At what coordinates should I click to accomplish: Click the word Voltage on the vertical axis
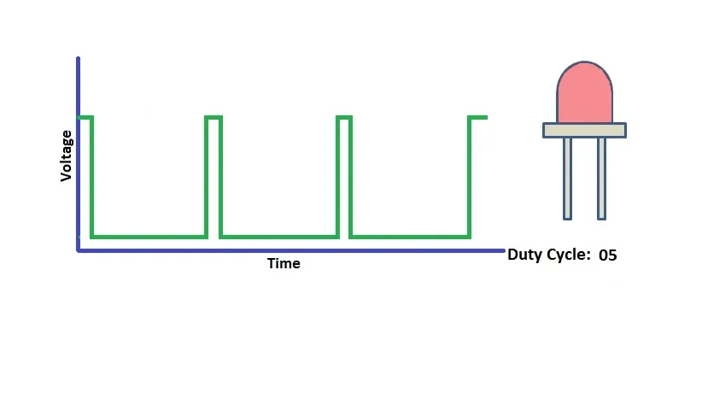pos(67,156)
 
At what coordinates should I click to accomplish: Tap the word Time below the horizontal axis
pos(284,263)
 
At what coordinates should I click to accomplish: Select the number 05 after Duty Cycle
pos(607,255)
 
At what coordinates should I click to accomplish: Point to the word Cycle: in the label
pos(569,255)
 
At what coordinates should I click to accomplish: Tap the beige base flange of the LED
pos(584,131)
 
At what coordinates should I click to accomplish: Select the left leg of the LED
pos(567,179)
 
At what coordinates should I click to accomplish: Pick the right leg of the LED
pos(602,179)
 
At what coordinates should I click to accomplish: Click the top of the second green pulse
pos(214,118)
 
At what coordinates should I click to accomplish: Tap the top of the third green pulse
pos(344,118)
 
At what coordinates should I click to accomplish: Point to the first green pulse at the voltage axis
pos(85,118)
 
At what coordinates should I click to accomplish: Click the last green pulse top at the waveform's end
pos(477,118)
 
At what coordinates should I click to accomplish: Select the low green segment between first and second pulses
pos(149,237)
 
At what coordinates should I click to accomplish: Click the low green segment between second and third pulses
pos(279,237)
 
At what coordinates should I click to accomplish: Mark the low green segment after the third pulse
pos(410,237)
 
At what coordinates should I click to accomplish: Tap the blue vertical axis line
pos(79,154)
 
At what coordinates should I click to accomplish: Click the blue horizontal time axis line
pos(291,251)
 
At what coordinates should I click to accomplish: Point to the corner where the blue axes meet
pos(79,251)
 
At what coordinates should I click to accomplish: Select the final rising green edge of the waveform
pos(469,178)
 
